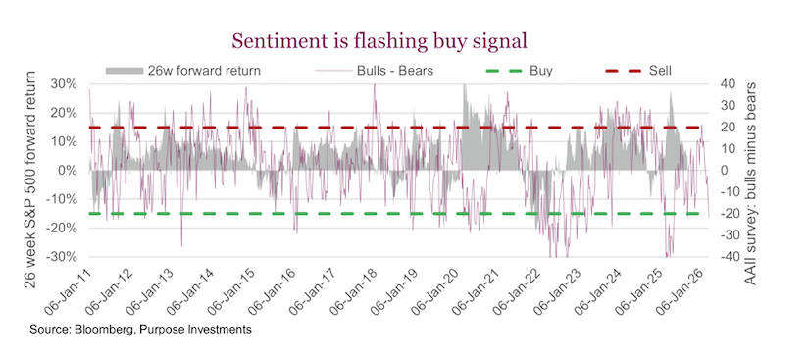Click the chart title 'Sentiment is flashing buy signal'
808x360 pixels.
point(379,40)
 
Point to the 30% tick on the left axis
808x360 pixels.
point(63,84)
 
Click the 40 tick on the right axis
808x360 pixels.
point(731,84)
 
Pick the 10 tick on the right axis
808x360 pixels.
point(731,149)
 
